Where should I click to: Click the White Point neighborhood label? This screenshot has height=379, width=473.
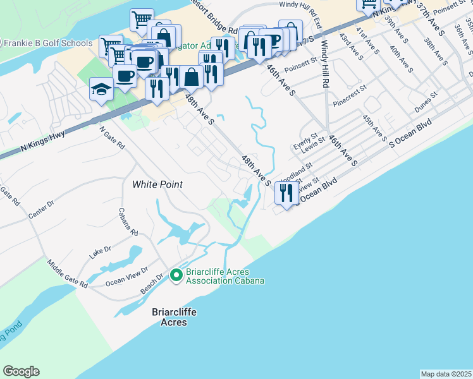pyautogui.click(x=157, y=184)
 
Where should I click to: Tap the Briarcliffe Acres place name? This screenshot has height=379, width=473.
pyautogui.click(x=174, y=318)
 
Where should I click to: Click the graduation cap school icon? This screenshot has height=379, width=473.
pyautogui.click(x=101, y=88)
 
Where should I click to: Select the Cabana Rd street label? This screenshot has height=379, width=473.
pyautogui.click(x=128, y=222)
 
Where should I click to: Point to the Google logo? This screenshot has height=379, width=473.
pyautogui.click(x=21, y=371)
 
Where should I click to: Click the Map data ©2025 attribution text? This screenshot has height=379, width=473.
pyautogui.click(x=446, y=374)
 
